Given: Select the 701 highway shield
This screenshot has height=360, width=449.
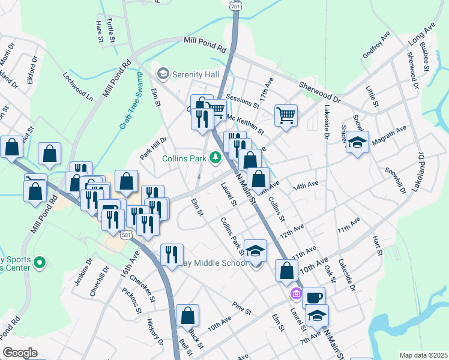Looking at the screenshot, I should coord(234,4).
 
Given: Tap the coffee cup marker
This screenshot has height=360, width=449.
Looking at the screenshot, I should coord(313,298).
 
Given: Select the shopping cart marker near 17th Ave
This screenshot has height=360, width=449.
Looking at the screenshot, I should coord(286,115).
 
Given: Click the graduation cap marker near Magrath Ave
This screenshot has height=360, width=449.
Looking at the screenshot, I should coord(357,143).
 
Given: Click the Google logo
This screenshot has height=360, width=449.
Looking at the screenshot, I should coord(20,353).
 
